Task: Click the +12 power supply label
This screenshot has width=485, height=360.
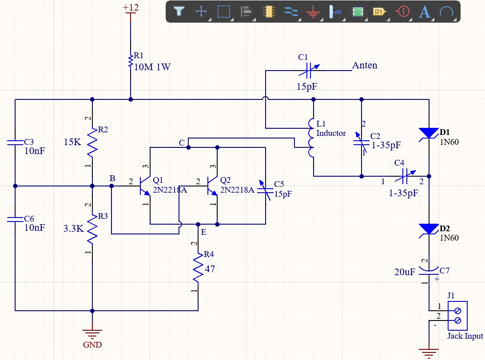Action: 131,8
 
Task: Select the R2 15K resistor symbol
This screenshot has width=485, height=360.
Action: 92,142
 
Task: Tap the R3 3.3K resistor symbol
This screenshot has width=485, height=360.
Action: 92,229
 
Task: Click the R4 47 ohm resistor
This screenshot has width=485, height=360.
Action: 198,267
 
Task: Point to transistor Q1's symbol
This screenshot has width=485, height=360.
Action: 145,186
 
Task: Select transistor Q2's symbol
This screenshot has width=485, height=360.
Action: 213,186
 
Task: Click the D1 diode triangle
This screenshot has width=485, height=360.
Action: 429,133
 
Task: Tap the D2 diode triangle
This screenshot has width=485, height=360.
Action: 429,229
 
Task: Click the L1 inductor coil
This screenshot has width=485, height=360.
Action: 311,138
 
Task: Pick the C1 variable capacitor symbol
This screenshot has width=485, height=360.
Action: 308,71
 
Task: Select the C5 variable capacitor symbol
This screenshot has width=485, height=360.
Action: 266,190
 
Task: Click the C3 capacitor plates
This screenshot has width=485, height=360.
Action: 15,142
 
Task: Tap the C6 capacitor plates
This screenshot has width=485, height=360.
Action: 15,219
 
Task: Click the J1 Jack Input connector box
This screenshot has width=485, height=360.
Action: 457,316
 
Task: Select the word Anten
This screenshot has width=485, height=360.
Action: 365,65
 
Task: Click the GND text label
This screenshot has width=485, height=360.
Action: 92,344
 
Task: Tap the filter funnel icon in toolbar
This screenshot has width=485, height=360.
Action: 179,12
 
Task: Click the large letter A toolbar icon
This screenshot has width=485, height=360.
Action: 425,12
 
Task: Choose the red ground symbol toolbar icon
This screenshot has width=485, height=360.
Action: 313,12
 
